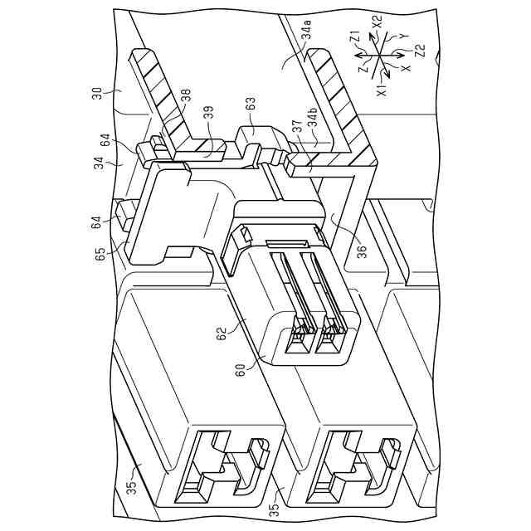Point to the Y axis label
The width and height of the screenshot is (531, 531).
point(403,37)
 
